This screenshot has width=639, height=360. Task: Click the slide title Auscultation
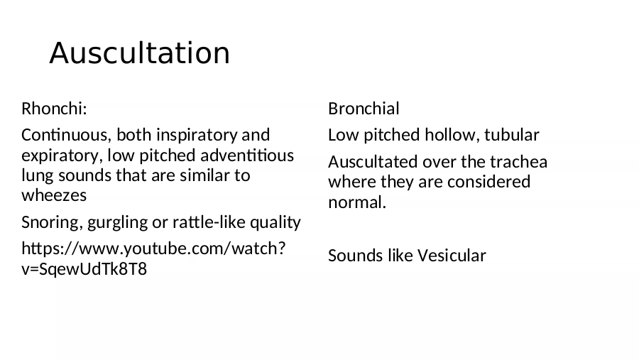(x=140, y=53)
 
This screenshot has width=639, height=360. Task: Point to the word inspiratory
(x=197, y=136)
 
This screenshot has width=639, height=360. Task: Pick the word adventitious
(x=247, y=156)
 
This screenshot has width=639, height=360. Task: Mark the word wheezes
(x=54, y=196)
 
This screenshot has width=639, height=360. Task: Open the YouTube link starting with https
(x=153, y=249)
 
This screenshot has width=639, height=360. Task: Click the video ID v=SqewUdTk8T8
(x=84, y=269)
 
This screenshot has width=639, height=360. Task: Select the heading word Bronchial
(x=364, y=109)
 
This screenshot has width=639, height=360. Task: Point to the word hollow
(x=452, y=136)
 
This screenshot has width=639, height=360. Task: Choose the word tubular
(x=512, y=135)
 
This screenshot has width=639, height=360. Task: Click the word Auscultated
(x=373, y=162)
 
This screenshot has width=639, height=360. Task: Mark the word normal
(x=357, y=202)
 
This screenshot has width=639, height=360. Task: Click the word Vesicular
(x=452, y=256)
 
